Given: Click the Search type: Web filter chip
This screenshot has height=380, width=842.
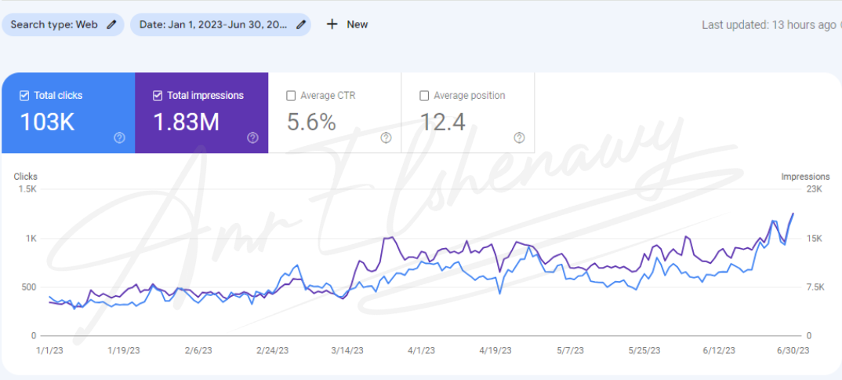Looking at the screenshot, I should pos(62,24).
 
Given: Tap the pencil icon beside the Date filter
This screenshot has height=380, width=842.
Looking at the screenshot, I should pos(300,24).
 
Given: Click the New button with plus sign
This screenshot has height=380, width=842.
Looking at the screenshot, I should pos(347,24).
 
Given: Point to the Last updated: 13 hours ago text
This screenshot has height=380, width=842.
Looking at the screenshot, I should pos(768,25).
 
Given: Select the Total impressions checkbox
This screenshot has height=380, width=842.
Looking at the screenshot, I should pos(157,96).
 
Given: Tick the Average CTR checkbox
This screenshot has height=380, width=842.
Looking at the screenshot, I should pos(291,96).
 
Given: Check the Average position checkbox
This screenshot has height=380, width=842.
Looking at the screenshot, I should pos(424,96).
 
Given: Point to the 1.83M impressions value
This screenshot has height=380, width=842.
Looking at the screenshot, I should pos(186,122).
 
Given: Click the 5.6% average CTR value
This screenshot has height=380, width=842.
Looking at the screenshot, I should pos(311,122).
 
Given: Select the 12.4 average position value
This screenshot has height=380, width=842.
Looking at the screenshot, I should pos(442,122).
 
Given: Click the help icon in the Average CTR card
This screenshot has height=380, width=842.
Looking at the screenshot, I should pos(386,137).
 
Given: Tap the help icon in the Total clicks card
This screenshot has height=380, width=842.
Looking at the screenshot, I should pos(119,137).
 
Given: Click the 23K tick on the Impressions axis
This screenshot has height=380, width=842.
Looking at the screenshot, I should pos(814,189).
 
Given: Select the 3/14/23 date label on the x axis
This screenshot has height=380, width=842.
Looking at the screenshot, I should pos(349,350).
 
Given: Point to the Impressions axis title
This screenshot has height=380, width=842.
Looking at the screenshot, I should pos(805,177).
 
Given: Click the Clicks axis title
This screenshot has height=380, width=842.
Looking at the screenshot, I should pos(26,177).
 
